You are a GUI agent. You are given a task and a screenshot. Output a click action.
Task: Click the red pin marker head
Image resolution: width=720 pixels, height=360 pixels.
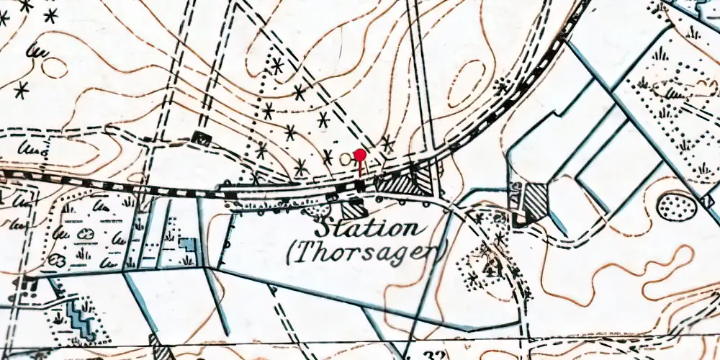pyautogui.click(x=360, y=154)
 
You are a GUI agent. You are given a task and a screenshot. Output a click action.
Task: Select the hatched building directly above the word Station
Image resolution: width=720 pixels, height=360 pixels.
pyautogui.click(x=354, y=210)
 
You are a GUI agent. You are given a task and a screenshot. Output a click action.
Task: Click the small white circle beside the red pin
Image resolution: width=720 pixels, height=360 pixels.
pyautogui.click(x=346, y=158)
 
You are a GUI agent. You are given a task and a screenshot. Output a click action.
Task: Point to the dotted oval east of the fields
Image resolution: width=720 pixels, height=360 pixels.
pyautogui.click(x=677, y=207)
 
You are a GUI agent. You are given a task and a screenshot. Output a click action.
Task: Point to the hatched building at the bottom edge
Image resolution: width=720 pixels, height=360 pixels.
pyautogui.click(x=161, y=350)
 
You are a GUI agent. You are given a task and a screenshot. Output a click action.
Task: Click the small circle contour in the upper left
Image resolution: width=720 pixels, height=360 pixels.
pyautogui.click(x=53, y=68)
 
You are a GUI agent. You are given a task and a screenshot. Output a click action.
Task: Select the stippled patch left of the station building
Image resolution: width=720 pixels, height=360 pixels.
pyautogui.click(x=317, y=210)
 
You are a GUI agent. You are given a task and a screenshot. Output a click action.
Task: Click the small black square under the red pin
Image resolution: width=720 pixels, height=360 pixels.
pyautogui.click(x=359, y=186)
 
